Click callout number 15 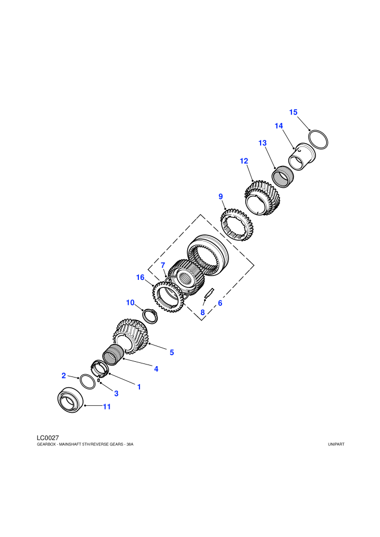click(293, 112)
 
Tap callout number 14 click(279, 126)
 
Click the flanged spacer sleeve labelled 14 click(301, 157)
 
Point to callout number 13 click(262, 143)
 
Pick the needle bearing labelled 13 click(283, 176)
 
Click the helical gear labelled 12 click(262, 198)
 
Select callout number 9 click(220, 196)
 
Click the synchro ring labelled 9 click(237, 225)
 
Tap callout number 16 click(140, 277)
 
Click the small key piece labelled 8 click(208, 293)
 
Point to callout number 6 click(220, 303)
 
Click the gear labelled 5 click(131, 336)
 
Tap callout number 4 click(156, 369)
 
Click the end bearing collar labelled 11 click(71, 400)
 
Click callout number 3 click(116, 393)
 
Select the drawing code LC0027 click(48, 438)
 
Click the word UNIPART click(336, 444)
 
